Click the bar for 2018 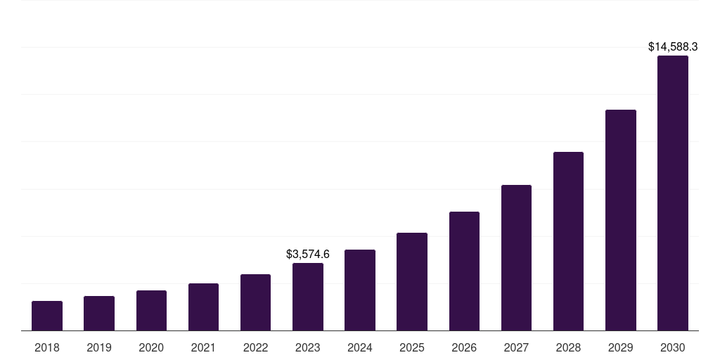click(47, 316)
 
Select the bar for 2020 click(151, 310)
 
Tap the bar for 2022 click(255, 302)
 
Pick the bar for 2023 click(308, 297)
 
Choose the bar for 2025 click(412, 281)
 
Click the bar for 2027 click(516, 257)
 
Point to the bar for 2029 click(620, 220)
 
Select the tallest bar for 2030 click(673, 193)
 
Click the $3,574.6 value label click(308, 254)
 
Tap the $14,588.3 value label click(673, 47)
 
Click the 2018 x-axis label click(47, 347)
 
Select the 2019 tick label click(99, 347)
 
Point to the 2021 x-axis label click(203, 347)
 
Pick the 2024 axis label click(360, 347)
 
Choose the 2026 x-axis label click(464, 347)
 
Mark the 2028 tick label click(568, 347)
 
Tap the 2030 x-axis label click(673, 347)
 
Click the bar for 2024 click(360, 290)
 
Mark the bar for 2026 click(464, 271)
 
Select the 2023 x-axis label click(308, 347)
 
